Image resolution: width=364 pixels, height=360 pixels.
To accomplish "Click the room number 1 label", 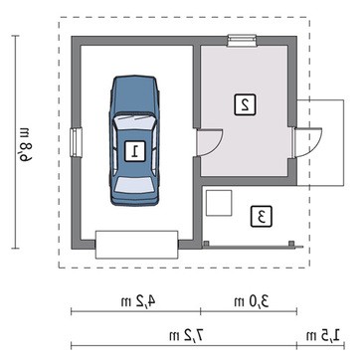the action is [135, 151].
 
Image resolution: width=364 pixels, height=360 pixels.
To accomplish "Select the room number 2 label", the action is [245, 104].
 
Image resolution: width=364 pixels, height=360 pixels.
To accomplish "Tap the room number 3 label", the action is [262, 217].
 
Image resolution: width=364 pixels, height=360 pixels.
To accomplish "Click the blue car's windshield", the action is [134, 122].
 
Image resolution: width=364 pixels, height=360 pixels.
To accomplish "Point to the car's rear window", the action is [134, 185].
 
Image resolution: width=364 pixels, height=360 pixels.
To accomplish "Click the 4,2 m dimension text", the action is [138, 301].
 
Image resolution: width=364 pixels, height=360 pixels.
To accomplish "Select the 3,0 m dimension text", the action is [252, 301].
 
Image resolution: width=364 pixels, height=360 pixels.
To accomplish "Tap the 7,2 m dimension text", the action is [186, 336].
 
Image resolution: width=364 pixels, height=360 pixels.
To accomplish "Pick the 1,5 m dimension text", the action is [323, 336].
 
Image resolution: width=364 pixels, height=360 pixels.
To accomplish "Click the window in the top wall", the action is [242, 40].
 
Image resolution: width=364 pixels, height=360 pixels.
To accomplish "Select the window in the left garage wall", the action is [77, 142].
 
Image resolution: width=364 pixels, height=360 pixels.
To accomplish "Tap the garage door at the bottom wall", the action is [137, 245].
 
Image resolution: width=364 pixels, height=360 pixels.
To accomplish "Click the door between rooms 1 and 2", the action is [209, 142].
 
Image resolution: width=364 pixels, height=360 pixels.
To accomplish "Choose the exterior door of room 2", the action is [307, 142].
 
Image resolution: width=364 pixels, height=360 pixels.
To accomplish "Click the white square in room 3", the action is [219, 203].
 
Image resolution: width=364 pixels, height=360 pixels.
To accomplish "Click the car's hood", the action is [134, 94].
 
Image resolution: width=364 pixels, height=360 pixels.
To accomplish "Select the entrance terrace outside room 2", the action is [320, 142].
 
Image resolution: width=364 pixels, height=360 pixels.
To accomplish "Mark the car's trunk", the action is [134, 198].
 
